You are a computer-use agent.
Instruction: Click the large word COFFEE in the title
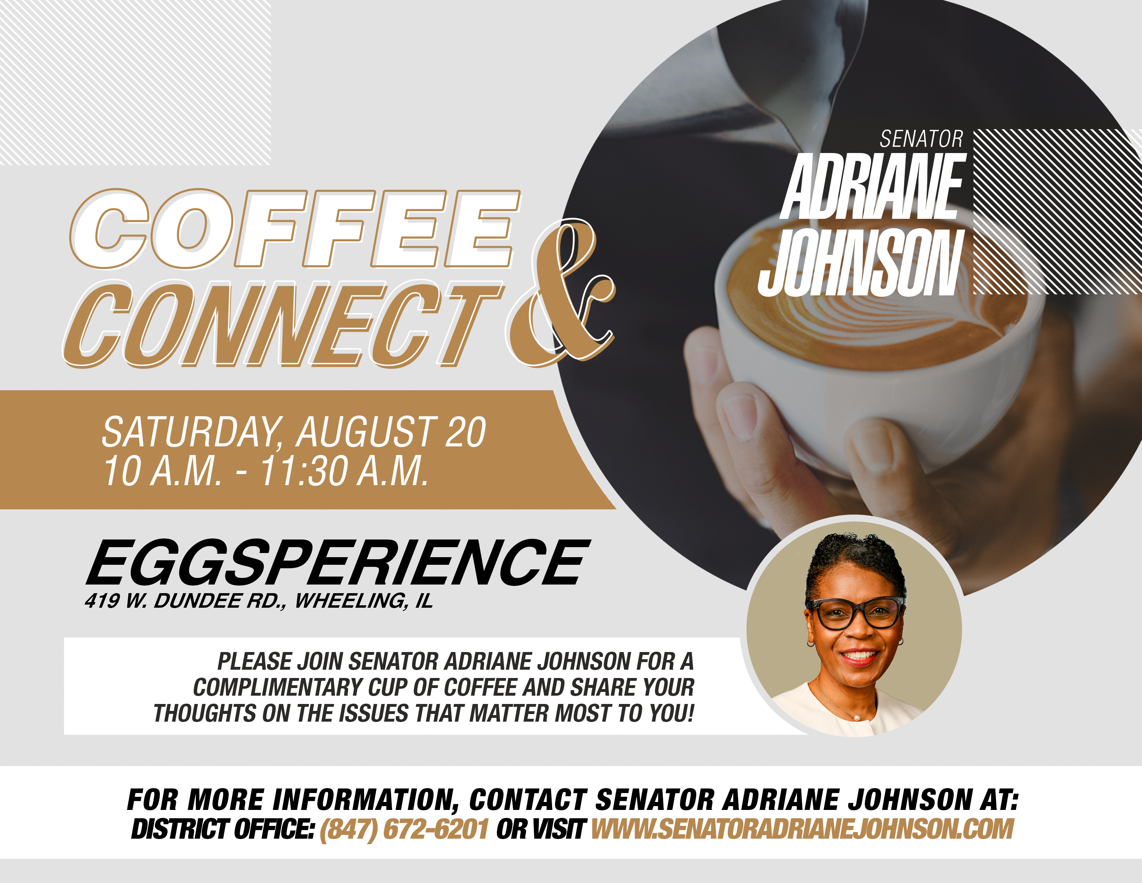coord(296,229)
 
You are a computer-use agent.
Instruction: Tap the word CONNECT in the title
coord(283,324)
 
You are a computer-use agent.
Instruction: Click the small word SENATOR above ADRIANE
coord(921,139)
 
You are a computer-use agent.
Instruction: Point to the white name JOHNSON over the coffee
coord(861,262)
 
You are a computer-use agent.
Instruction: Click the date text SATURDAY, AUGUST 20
coord(294,432)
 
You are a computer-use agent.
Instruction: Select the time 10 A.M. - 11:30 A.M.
coord(266,471)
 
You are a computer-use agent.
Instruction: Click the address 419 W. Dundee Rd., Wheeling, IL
coord(259,601)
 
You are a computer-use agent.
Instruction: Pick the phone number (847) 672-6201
coord(404,829)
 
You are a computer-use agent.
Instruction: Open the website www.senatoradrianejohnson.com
coord(802,829)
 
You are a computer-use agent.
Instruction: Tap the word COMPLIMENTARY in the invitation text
coord(277,687)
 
